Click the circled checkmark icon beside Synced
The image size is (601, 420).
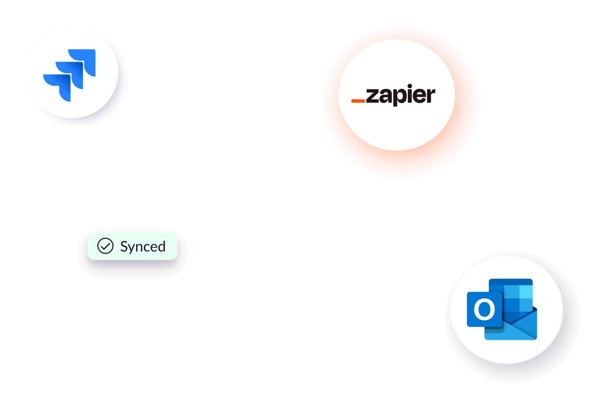[106, 246]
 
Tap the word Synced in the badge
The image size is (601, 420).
[143, 247]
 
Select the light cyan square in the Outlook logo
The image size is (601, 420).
[526, 293]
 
